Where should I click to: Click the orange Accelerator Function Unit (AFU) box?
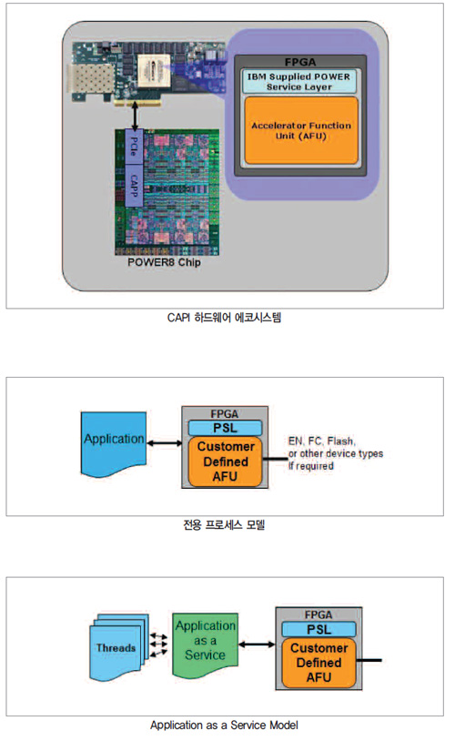point(301,130)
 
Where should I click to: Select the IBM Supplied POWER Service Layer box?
point(299,81)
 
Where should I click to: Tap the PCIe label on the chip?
point(134,147)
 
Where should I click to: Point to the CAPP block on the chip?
point(134,186)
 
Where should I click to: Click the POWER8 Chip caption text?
point(164,262)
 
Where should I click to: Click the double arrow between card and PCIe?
point(135,117)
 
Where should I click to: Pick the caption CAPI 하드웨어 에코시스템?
point(224,317)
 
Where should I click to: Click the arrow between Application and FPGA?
point(165,443)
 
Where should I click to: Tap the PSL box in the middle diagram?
point(225,428)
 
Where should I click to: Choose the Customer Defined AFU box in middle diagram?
point(226,462)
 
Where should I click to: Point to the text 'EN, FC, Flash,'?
point(322,441)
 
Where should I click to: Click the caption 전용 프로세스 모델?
point(224,524)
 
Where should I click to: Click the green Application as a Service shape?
point(205,645)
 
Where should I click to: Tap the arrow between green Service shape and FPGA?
point(257,645)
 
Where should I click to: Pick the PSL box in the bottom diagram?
point(318,629)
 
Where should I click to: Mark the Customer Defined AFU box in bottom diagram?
point(318,663)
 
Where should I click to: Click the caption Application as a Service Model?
point(224,725)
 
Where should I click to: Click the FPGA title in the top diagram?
point(300,62)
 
